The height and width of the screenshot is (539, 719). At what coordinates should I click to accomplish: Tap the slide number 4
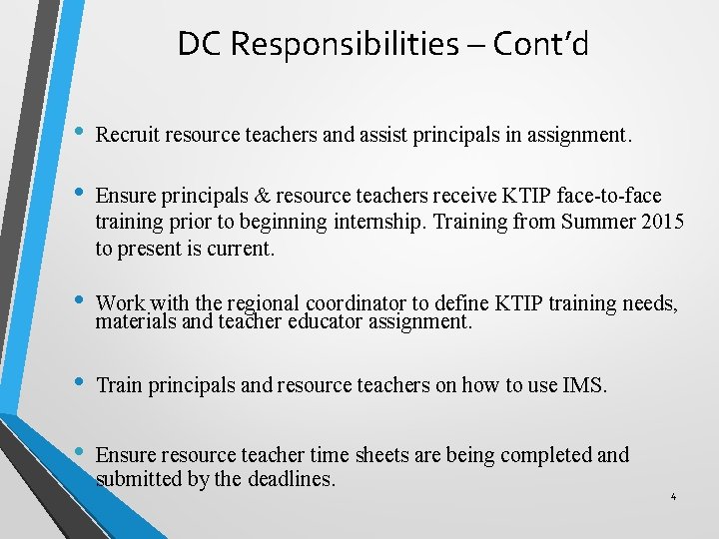[x=674, y=496]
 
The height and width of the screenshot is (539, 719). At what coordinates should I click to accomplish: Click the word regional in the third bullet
[x=262, y=303]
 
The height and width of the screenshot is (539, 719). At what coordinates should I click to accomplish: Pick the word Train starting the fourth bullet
[x=119, y=385]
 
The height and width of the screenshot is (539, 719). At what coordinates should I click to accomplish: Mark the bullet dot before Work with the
[x=78, y=300]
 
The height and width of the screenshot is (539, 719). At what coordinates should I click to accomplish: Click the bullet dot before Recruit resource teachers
[x=78, y=134]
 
